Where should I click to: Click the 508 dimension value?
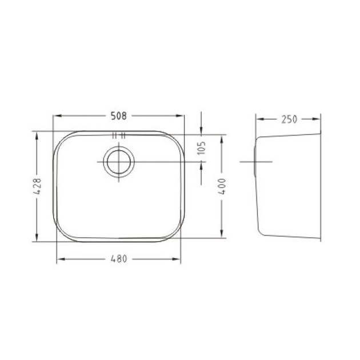[x=118, y=116]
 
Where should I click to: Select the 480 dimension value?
[x=118, y=259]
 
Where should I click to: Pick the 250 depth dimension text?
[x=289, y=119]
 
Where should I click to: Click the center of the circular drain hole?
[x=118, y=162]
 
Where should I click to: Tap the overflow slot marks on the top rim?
[x=118, y=136]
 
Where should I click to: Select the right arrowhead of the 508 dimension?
[x=181, y=116]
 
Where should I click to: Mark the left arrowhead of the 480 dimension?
[x=60, y=259]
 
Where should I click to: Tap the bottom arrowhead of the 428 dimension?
[x=37, y=239]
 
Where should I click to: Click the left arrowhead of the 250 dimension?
[x=258, y=119]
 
